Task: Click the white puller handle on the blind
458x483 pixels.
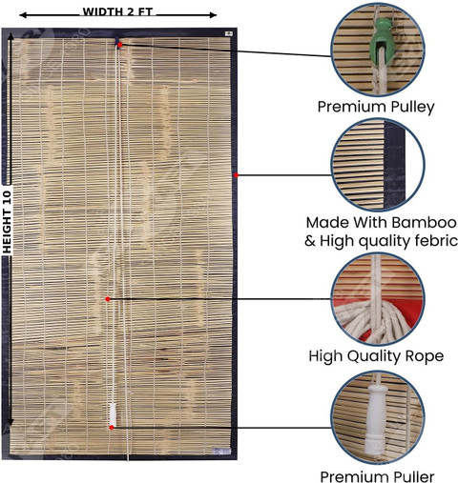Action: tap(113, 414)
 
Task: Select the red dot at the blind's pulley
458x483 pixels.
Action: tap(119, 45)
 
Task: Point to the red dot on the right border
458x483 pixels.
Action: tap(236, 175)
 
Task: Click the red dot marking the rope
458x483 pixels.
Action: tap(108, 299)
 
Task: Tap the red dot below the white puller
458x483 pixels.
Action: tap(112, 428)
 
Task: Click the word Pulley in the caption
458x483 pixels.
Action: tap(412, 107)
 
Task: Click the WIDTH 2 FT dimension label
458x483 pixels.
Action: tap(117, 12)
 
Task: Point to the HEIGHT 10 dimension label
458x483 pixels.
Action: tap(7, 222)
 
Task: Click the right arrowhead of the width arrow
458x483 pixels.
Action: tap(213, 14)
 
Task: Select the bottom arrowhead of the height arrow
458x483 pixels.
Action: tap(10, 421)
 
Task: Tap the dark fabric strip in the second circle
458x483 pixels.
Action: tap(394, 165)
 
